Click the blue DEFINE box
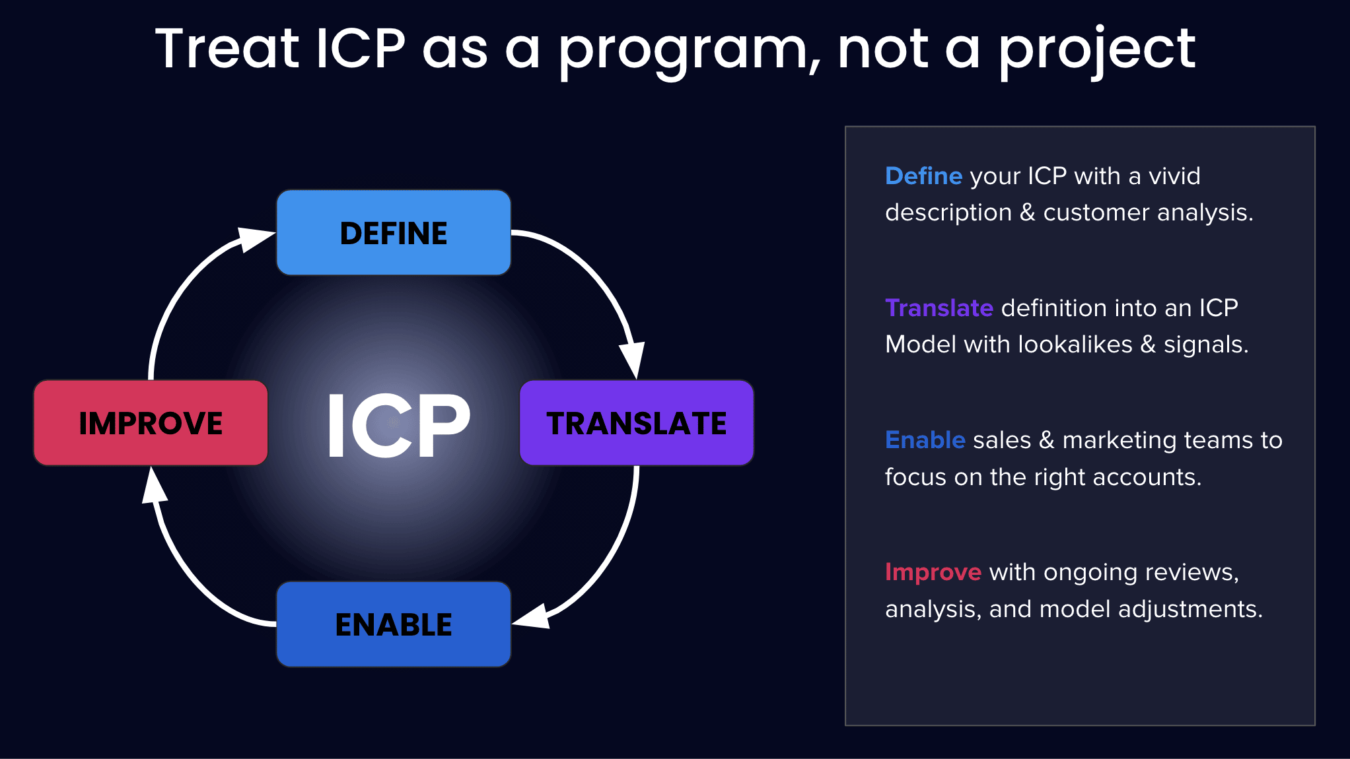(394, 232)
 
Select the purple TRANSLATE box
(637, 423)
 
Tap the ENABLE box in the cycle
(394, 624)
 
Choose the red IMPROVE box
(151, 423)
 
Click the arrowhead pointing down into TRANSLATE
(633, 360)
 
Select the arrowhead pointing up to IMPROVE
(154, 485)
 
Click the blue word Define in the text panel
(923, 176)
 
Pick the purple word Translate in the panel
(939, 308)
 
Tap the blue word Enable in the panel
(925, 440)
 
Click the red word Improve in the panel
(933, 573)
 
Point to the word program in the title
(683, 51)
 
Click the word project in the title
(1097, 51)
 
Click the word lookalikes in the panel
(1075, 345)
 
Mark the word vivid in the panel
(1174, 176)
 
